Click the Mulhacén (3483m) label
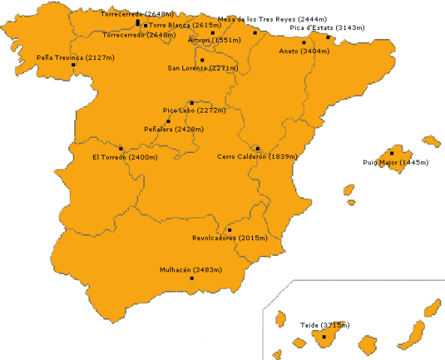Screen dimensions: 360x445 tap(191, 269)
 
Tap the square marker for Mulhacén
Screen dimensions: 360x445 tap(192, 278)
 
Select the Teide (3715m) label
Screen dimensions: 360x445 tap(324, 325)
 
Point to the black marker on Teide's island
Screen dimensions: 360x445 tap(324, 337)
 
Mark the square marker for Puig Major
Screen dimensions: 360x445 tap(392, 153)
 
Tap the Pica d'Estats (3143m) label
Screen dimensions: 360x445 tap(327, 28)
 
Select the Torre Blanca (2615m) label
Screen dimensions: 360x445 tap(174, 25)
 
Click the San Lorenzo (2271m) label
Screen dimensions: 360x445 tap(203, 68)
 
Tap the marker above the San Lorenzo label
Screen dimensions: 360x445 tap(203, 60)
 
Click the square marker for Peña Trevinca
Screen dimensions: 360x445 tap(74, 65)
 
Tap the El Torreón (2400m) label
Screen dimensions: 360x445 tap(125, 157)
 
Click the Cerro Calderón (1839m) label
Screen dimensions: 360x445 tap(257, 157)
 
